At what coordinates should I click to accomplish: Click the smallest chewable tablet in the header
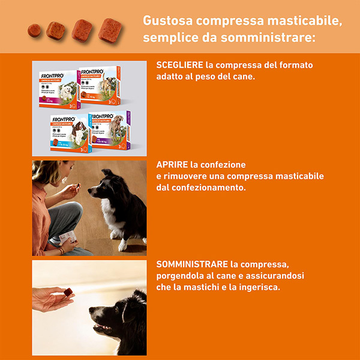pyautogui.click(x=35, y=28)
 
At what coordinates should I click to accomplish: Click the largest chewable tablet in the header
pyautogui.click(x=110, y=30)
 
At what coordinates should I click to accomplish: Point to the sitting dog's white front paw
pyautogui.click(x=122, y=244)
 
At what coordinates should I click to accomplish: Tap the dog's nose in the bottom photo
pyautogui.click(x=92, y=312)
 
